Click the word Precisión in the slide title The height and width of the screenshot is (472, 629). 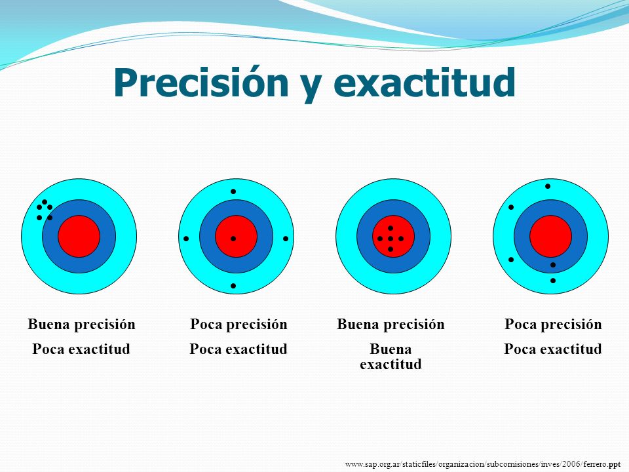click(201, 83)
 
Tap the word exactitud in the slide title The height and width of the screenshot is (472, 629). click(425, 83)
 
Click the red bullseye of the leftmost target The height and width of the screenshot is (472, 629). click(79, 237)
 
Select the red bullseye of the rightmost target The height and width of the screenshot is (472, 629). click(551, 237)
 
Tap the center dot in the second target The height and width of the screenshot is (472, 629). click(233, 239)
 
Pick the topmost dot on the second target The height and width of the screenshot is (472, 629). click(233, 191)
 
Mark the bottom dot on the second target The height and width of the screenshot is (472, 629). click(233, 286)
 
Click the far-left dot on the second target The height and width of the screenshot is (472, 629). click(186, 239)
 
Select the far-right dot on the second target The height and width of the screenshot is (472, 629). click(286, 239)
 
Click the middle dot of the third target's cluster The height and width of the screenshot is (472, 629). click(391, 239)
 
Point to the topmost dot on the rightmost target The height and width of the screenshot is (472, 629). click(548, 186)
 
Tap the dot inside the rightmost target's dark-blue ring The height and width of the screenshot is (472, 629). click(553, 265)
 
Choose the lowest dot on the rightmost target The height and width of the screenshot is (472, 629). click(553, 281)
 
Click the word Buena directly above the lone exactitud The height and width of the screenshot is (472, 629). click(391, 349)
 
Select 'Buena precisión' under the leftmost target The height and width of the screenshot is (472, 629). click(81, 324)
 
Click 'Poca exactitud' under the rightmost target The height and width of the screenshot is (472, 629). click(553, 349)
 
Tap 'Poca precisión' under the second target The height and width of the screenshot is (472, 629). click(238, 324)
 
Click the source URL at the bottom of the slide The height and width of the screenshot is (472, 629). click(483, 464)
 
